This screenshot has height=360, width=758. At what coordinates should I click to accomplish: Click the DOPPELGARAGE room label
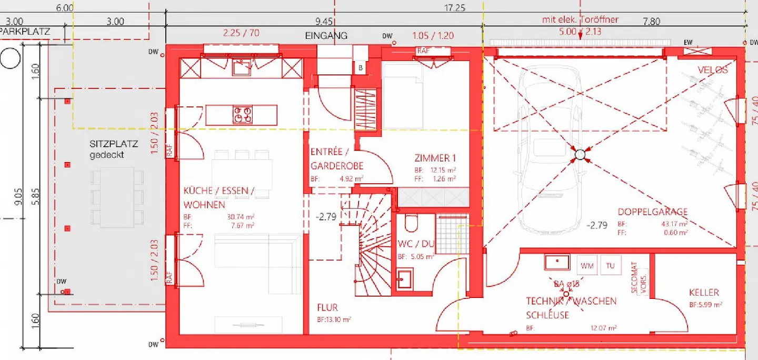(652, 212)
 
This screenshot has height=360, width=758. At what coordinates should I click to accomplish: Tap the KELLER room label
(704, 293)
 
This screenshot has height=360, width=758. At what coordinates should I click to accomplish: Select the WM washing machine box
(587, 266)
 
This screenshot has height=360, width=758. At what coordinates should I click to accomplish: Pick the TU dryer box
(611, 266)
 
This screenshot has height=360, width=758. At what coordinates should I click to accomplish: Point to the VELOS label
(713, 70)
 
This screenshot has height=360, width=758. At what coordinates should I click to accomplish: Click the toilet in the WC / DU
(412, 224)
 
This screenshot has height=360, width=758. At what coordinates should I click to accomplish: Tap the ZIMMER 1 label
(435, 157)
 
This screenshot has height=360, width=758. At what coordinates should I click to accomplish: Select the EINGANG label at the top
(326, 36)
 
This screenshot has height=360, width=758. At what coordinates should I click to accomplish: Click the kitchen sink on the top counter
(242, 67)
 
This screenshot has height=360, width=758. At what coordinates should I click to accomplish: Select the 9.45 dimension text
(324, 22)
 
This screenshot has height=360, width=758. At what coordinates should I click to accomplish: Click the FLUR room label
(327, 307)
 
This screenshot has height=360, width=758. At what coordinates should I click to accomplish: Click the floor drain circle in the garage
(580, 154)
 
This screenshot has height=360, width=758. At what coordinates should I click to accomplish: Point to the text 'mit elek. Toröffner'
(580, 20)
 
